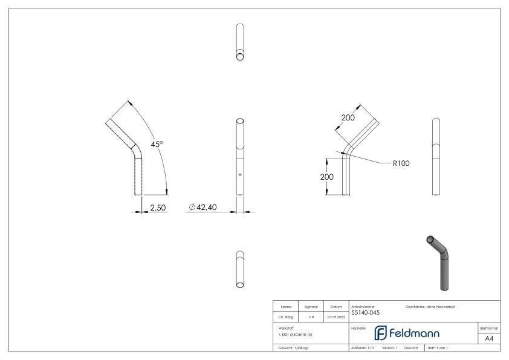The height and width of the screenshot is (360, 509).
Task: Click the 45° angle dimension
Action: click(157, 144)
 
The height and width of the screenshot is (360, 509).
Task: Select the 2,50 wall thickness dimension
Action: click(158, 208)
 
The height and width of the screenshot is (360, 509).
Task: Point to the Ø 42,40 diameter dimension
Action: click(203, 208)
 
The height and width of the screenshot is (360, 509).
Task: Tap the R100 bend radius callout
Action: click(401, 163)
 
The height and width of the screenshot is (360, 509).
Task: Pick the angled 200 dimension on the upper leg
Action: click(348, 117)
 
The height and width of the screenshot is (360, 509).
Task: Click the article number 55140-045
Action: click(365, 312)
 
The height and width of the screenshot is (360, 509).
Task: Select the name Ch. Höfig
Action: click(284, 315)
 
